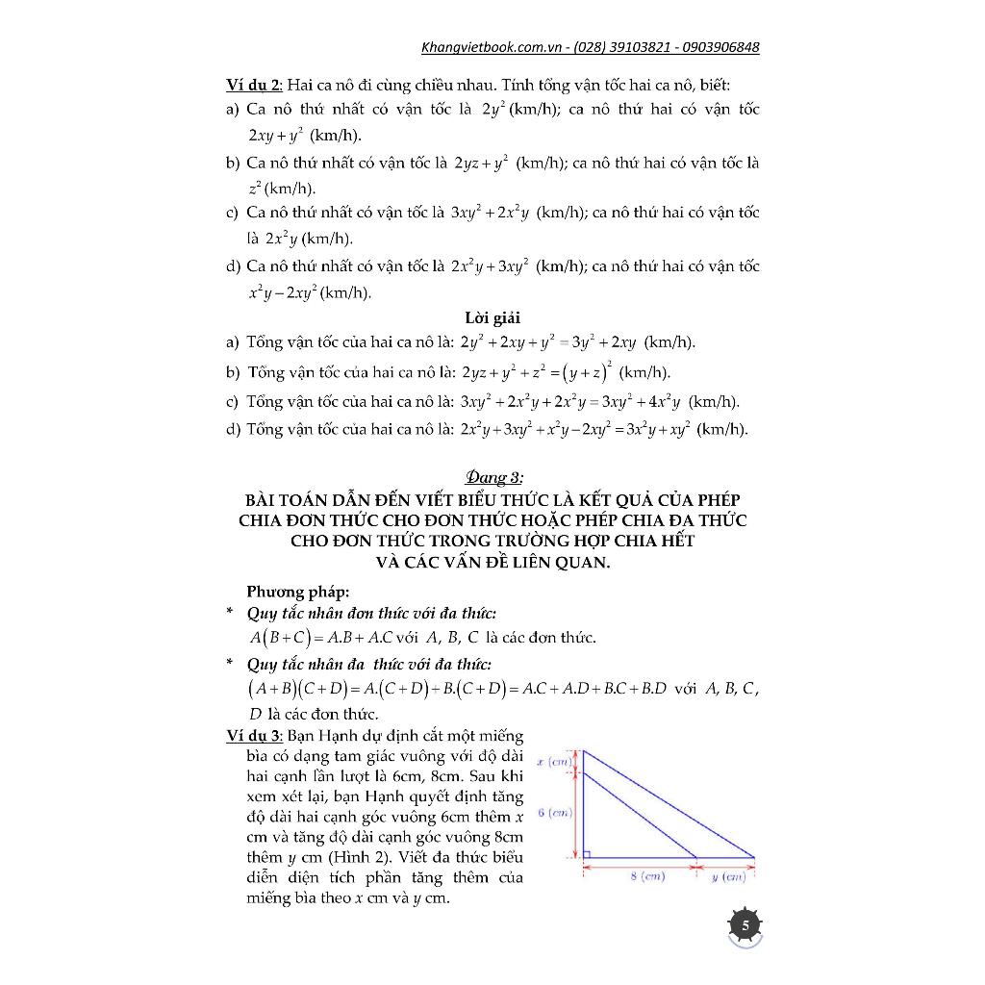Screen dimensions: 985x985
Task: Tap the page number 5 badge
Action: coord(745,925)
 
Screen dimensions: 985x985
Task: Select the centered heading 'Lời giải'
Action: coord(492,317)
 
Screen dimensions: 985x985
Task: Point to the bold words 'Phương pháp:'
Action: coord(298,592)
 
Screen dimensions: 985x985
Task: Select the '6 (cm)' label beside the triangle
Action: coord(555,813)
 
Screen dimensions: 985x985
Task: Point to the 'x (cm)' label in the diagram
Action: coord(554,761)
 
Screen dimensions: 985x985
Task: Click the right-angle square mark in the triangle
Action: coord(589,851)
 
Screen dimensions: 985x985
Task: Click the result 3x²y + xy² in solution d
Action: coord(644,429)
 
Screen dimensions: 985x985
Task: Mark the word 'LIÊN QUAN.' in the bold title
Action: coord(565,562)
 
